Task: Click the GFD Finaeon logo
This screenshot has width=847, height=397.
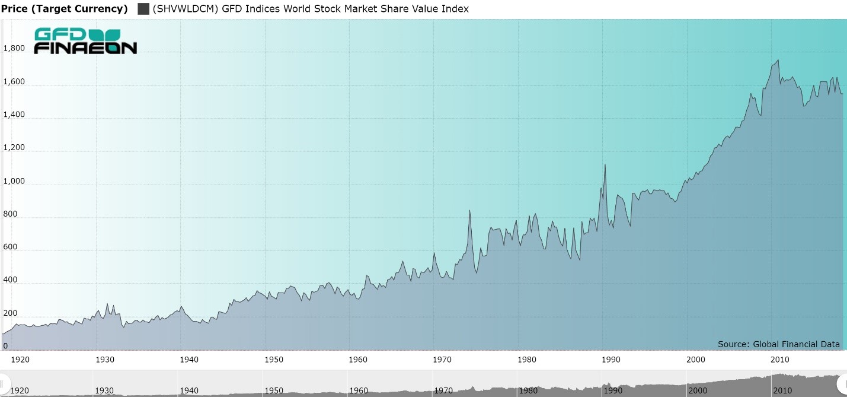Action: tap(85, 41)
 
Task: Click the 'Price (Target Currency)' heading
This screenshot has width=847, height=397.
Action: tap(64, 9)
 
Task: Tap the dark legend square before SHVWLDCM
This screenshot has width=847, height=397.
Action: tap(143, 9)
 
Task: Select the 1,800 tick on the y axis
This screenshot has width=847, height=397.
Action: tap(14, 49)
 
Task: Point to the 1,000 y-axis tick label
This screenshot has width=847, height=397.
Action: tap(14, 181)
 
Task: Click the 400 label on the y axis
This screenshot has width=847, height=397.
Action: tap(11, 280)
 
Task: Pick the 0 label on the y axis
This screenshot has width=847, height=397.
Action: tap(6, 346)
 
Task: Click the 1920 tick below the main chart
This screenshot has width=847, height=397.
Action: tap(21, 360)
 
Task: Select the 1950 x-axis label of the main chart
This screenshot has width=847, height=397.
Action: tap(274, 360)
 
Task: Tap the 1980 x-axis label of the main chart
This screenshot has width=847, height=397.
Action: tap(527, 360)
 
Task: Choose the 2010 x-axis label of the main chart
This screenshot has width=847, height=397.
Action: tap(780, 360)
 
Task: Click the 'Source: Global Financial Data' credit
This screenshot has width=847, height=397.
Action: tap(778, 344)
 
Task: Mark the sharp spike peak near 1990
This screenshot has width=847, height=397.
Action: tap(605, 165)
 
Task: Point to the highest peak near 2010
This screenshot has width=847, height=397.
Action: tap(778, 60)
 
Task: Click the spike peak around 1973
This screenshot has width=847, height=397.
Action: tap(469, 211)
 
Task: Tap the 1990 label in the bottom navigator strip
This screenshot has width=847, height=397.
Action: tap(613, 390)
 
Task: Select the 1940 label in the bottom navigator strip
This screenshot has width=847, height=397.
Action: tap(189, 390)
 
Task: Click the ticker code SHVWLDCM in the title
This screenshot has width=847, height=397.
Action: tap(186, 9)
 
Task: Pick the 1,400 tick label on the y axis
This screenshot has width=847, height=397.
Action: tap(14, 115)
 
